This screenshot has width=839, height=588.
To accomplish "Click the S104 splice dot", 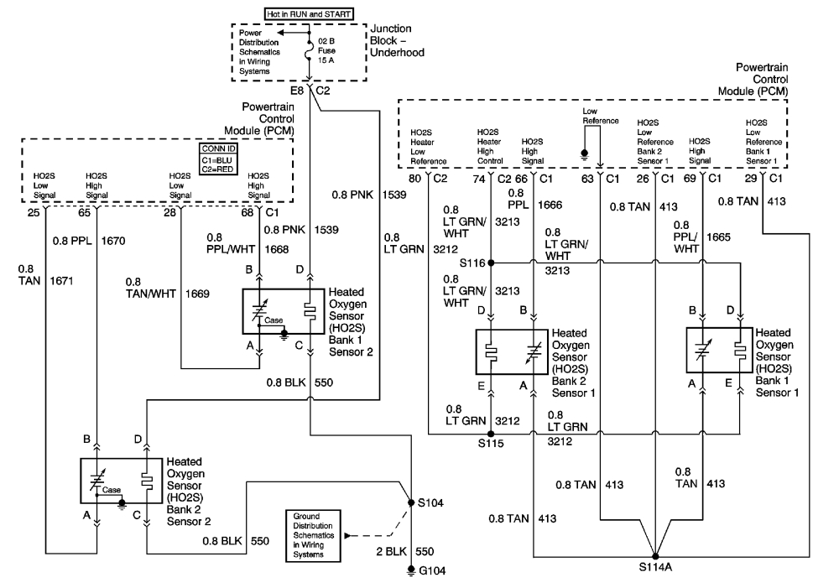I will coord(410,503).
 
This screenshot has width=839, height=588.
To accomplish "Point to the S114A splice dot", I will coord(655,556).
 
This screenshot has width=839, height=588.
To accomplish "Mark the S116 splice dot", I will coord(490,263).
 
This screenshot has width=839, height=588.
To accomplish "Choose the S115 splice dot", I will coord(490,434).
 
